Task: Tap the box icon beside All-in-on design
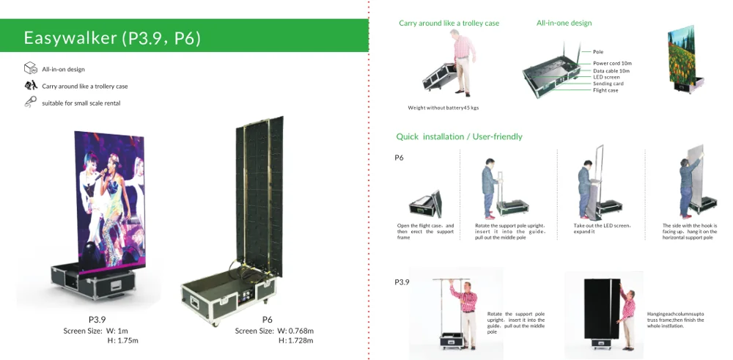point(31,69)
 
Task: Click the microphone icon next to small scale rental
point(31,103)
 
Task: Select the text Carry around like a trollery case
point(84,87)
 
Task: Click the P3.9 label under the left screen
point(97,320)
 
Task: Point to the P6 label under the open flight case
point(267,320)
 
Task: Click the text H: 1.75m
point(123,341)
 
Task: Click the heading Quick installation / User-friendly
point(459,137)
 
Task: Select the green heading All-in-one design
point(564,23)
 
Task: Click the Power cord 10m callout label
point(612,64)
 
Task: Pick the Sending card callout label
point(608,84)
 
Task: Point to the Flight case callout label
point(606,90)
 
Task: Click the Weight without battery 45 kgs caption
point(443,108)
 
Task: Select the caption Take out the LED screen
point(602,226)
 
